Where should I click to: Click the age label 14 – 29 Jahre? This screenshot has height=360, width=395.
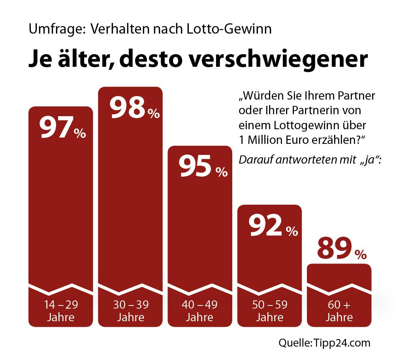[x=61, y=311]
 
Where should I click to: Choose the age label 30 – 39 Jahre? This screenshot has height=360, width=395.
[x=131, y=311]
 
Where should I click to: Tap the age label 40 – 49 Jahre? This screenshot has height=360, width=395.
[x=200, y=311]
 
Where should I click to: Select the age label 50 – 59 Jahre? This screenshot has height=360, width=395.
[x=269, y=311]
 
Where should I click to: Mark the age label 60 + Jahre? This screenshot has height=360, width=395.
[x=339, y=311]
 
